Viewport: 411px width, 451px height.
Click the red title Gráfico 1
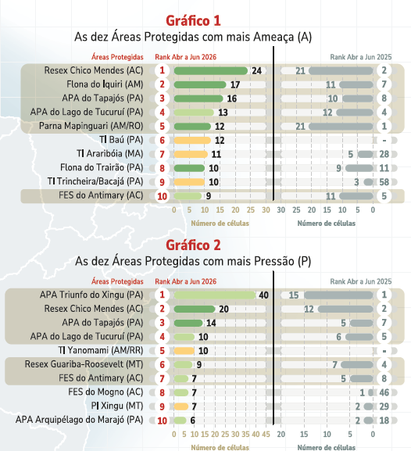[x=193, y=20]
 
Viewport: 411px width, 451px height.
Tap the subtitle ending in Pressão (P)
[x=193, y=261]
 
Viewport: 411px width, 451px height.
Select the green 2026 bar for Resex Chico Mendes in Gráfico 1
[x=211, y=71]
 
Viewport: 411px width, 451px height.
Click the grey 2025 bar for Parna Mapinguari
[x=341, y=127]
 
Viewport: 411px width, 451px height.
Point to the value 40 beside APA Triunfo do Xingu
[x=264, y=295]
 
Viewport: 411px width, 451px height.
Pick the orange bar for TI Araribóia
[x=191, y=155]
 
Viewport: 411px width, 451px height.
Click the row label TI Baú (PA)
[x=121, y=140]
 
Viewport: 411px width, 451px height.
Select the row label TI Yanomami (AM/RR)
[x=101, y=350]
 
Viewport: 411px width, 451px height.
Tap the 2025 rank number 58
[x=384, y=182]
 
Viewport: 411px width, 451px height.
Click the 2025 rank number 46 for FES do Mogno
[x=384, y=392]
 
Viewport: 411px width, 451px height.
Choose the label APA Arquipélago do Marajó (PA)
[x=80, y=420]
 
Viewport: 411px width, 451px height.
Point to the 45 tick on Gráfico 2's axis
[x=266, y=434]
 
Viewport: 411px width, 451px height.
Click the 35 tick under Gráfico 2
[x=245, y=434]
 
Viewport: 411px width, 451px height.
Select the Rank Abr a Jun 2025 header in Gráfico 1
[x=361, y=57]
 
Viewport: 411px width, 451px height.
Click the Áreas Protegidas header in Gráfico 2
[x=117, y=281]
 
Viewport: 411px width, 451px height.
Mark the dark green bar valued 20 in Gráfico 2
[x=195, y=309]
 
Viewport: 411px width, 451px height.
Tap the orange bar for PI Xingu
[x=181, y=406]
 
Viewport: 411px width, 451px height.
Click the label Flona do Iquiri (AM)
[x=105, y=84]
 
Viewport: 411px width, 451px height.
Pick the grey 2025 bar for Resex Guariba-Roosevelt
[x=357, y=365]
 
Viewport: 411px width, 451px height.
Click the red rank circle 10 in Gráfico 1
[x=163, y=196]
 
